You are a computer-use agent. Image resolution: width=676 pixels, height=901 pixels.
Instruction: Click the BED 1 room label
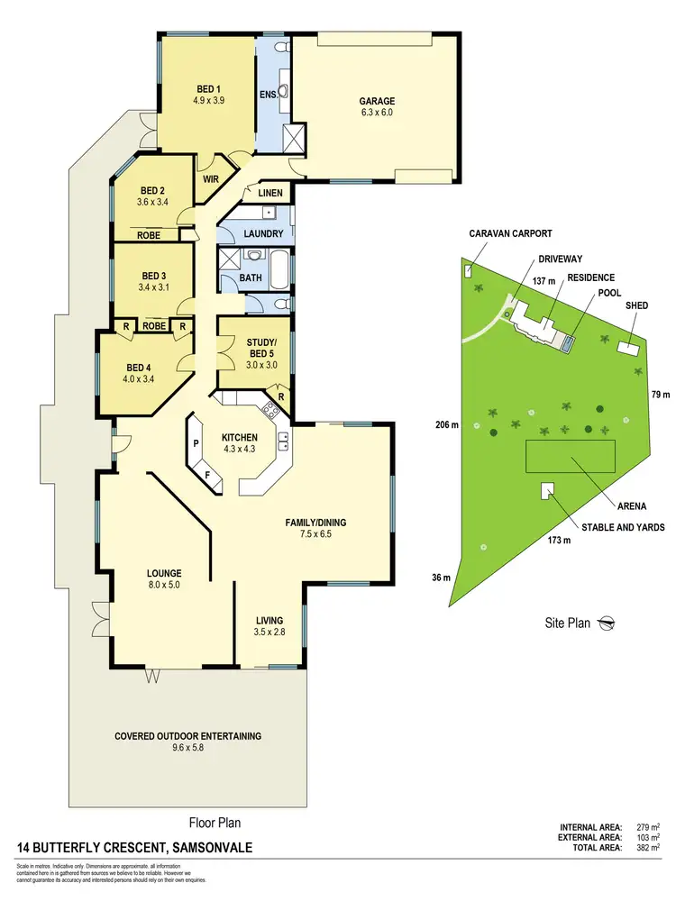(x=208, y=94)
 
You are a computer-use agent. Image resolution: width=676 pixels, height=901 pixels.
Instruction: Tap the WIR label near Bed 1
(x=211, y=179)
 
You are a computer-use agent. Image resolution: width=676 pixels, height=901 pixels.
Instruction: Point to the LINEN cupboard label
(x=270, y=194)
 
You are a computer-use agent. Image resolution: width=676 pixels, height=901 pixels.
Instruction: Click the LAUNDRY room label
(x=263, y=234)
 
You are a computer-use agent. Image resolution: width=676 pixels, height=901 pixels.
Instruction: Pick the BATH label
(x=251, y=278)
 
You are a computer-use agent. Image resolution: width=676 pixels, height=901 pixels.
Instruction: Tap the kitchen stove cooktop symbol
(x=269, y=412)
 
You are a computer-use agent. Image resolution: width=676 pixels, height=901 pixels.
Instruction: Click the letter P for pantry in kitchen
(x=196, y=443)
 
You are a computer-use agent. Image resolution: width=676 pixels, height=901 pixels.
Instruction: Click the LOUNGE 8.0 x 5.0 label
(x=165, y=578)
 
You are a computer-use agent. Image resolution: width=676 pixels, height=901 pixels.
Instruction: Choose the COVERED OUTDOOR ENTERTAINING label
(x=187, y=742)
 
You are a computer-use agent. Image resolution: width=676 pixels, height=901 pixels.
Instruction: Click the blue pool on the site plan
(x=566, y=341)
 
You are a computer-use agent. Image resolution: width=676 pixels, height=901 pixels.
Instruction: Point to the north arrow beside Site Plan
(x=608, y=622)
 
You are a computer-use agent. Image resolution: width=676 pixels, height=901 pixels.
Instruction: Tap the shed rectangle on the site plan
(x=627, y=348)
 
